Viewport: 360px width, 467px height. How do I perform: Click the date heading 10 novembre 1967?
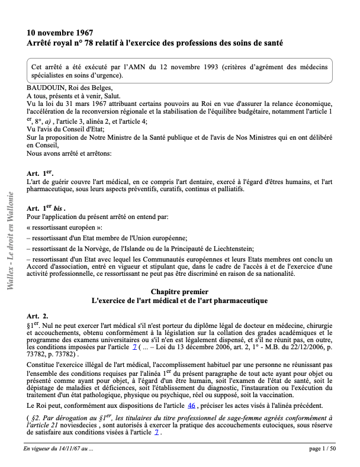(60, 33)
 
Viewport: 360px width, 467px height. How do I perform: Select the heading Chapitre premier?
(179, 292)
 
